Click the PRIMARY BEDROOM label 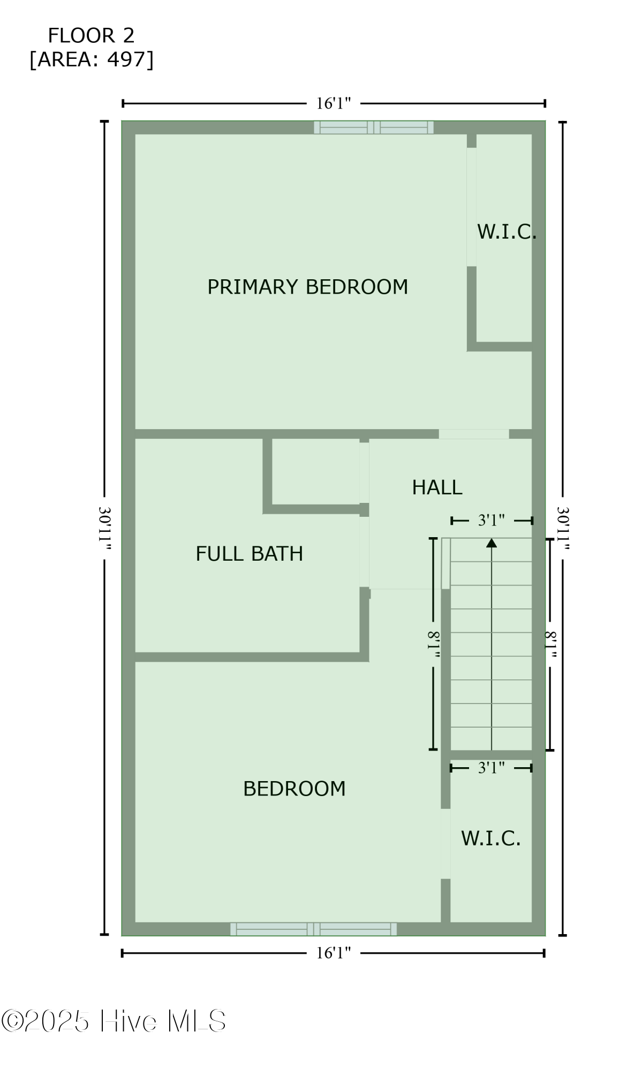307,287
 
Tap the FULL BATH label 249,554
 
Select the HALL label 437,487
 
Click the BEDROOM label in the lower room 294,789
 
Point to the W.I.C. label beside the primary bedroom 506,232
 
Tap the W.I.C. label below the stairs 490,838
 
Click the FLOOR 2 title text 91,36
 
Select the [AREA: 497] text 91,59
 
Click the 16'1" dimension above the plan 333,103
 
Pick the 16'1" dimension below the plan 333,953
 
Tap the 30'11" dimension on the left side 105,529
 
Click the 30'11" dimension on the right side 563,529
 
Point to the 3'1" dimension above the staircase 491,520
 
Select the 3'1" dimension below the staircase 491,768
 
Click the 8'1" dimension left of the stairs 433,644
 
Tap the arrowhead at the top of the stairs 492,543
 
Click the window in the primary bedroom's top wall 373,127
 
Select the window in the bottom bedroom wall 313,929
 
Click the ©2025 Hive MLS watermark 114,1021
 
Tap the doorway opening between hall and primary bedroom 473,434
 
